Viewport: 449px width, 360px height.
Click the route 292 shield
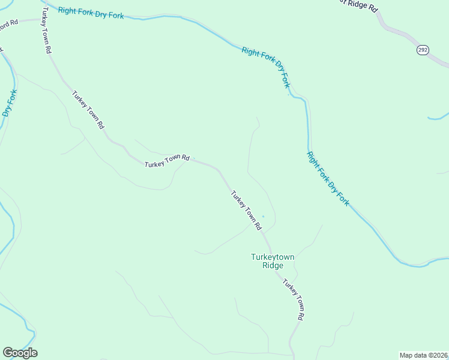(x=423, y=50)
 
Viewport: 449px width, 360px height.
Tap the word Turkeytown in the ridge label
(x=273, y=257)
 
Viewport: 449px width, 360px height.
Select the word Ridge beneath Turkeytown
(x=273, y=265)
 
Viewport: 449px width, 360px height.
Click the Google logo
(x=20, y=353)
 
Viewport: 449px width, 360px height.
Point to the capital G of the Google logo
(x=8, y=353)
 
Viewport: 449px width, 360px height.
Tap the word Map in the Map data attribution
(x=406, y=355)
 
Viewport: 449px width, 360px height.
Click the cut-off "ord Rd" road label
(x=10, y=23)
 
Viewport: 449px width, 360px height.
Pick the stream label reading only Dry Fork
(x=10, y=103)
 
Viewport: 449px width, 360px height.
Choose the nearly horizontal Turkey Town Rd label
(x=167, y=160)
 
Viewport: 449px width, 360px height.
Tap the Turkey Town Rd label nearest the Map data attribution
(x=294, y=299)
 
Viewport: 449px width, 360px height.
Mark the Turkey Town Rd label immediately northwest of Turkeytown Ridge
(x=247, y=210)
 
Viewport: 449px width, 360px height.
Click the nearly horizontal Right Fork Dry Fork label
(x=91, y=12)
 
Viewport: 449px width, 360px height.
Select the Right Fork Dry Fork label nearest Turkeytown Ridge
(x=328, y=179)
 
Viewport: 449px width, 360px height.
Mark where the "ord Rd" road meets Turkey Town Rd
(x=41, y=19)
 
